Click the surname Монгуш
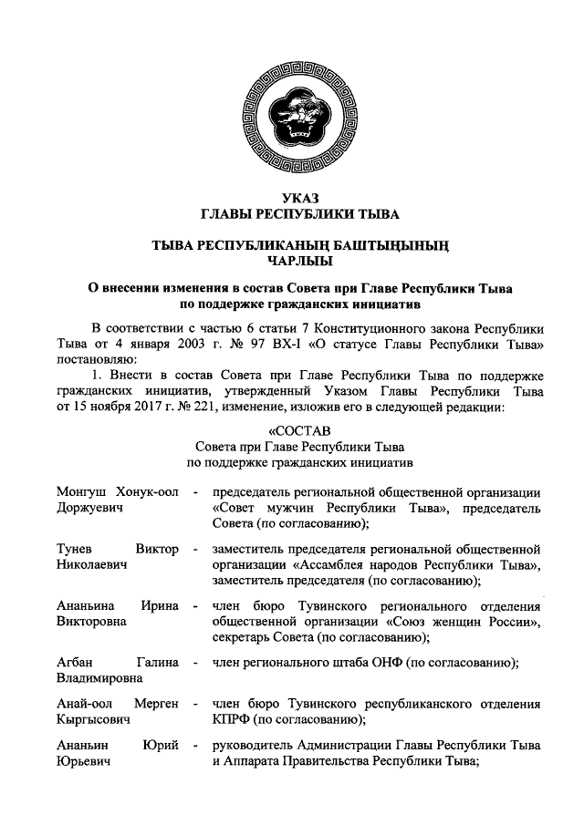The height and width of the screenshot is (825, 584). click(x=79, y=492)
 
